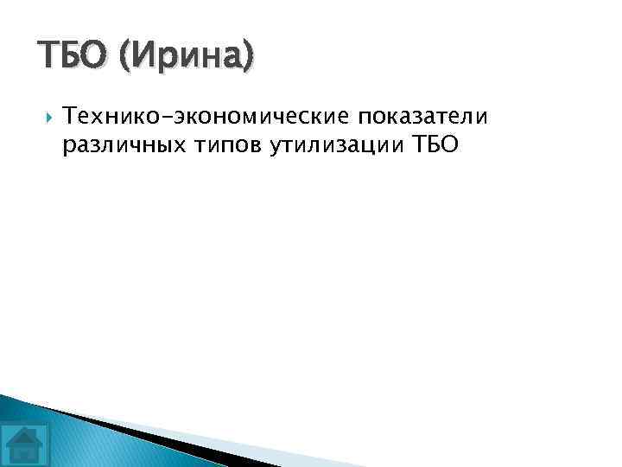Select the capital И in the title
[145, 56]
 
